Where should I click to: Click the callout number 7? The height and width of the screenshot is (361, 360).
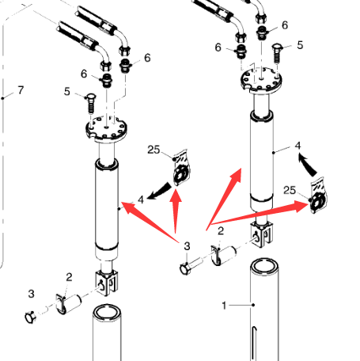(x=21, y=90)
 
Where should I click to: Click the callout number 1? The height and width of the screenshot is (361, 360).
(x=224, y=306)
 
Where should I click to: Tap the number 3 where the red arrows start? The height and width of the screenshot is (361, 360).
(x=187, y=246)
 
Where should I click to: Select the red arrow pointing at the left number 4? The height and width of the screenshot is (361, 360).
(x=150, y=222)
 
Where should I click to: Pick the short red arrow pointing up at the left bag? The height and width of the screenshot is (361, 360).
(x=176, y=211)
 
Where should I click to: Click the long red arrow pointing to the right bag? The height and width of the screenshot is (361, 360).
(x=260, y=215)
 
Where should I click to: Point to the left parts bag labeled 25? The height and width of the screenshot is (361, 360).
(x=181, y=167)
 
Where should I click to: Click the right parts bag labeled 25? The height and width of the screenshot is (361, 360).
(x=318, y=196)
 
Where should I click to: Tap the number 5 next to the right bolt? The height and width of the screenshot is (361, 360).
(x=300, y=45)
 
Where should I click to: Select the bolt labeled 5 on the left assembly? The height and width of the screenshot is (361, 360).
(x=91, y=104)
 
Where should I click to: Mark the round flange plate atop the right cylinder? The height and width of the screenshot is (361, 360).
(x=261, y=79)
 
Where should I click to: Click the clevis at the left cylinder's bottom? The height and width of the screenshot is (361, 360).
(x=107, y=283)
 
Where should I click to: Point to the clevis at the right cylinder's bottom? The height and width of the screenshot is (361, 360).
(x=261, y=234)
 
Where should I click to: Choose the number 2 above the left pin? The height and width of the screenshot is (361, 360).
(x=69, y=277)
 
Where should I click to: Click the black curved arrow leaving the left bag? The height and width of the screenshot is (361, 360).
(x=159, y=192)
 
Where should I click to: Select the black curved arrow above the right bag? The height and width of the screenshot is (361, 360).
(x=308, y=165)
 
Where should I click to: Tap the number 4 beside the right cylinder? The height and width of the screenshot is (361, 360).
(x=297, y=146)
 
